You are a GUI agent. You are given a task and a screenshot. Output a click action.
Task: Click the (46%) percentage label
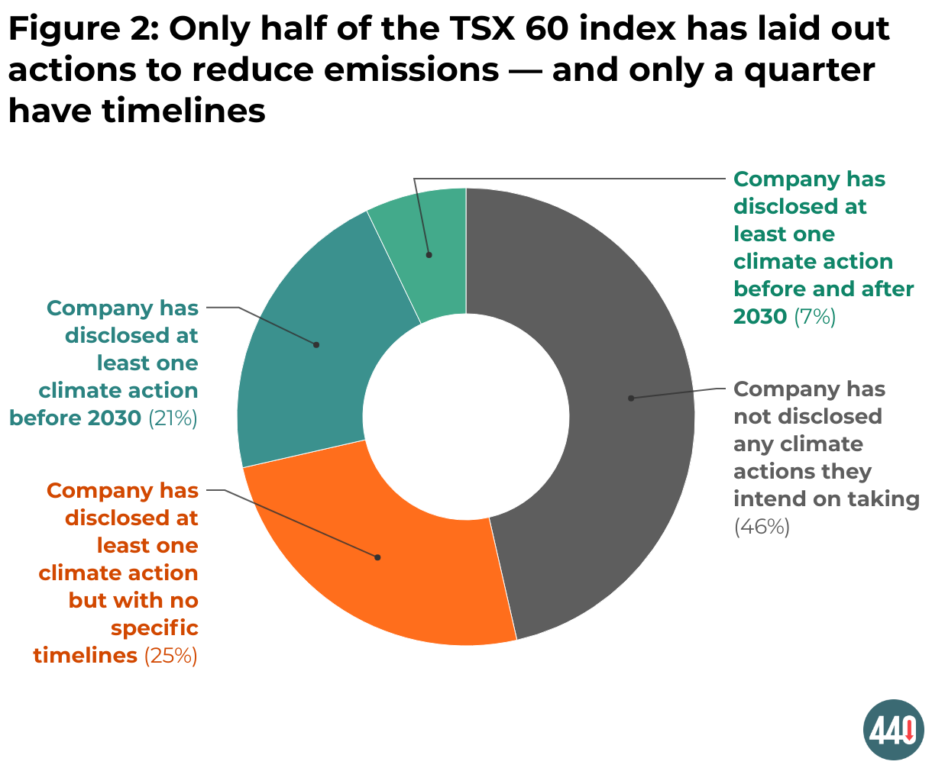[x=762, y=527]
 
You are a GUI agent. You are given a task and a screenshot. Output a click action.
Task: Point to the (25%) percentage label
[x=170, y=656]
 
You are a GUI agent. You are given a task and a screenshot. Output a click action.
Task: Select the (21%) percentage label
[x=173, y=418]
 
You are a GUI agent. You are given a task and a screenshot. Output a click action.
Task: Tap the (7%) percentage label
[x=814, y=317]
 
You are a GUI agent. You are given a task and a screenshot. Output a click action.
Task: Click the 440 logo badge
[x=893, y=730]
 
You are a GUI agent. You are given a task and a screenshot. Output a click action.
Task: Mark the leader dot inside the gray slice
[x=631, y=399]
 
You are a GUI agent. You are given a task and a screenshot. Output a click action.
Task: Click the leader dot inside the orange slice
[x=377, y=557]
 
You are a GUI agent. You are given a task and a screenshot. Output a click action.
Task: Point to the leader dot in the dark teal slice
[x=316, y=345]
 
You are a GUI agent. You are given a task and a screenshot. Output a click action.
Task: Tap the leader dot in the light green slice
[x=429, y=255]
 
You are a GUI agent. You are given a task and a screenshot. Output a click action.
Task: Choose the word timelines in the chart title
[x=183, y=111]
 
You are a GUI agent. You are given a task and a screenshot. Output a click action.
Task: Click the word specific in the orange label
[x=154, y=628]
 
